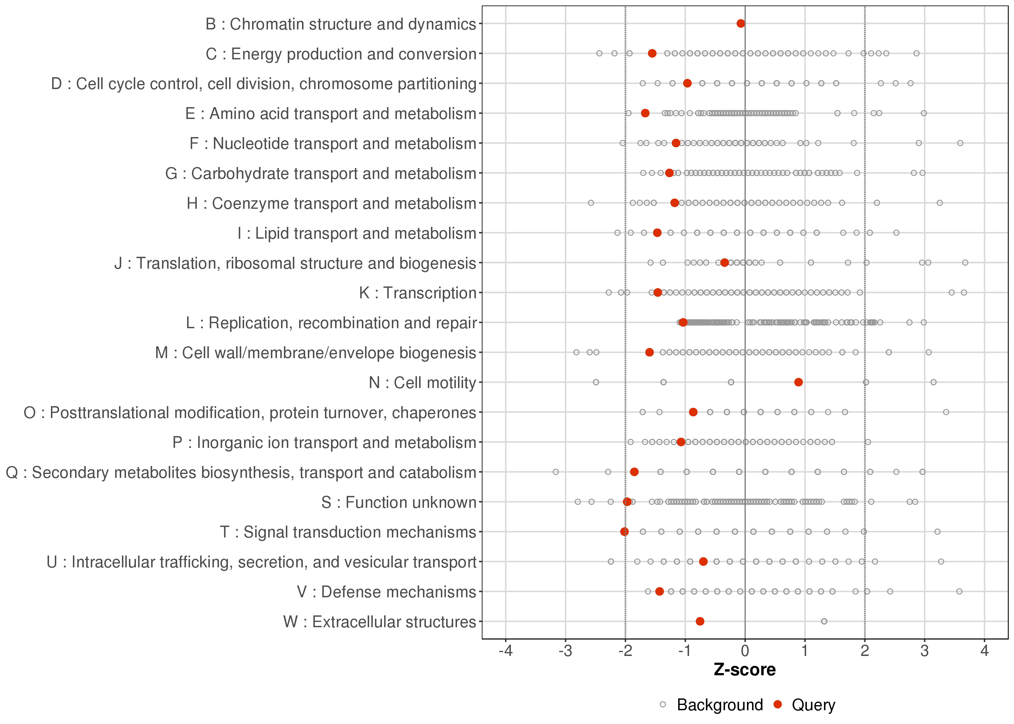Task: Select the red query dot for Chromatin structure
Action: [741, 23]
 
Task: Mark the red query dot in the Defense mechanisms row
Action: [660, 591]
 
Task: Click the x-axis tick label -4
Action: [505, 651]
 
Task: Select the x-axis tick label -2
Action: [625, 651]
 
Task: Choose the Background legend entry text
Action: [720, 705]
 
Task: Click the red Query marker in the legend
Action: [778, 704]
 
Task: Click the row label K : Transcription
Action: [418, 293]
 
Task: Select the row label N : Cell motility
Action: [422, 383]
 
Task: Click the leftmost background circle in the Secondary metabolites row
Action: [556, 472]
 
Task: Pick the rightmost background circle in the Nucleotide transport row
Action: [960, 143]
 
